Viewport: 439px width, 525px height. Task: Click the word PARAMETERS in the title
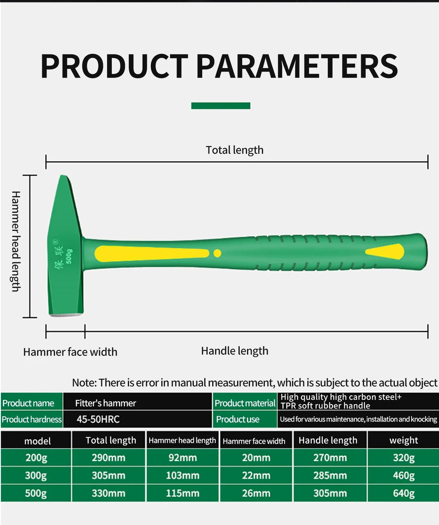click(x=297, y=66)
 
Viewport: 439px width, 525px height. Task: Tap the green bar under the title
click(x=220, y=106)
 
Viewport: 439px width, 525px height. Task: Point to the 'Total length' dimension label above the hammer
click(x=235, y=150)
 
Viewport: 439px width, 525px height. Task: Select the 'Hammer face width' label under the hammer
click(x=70, y=352)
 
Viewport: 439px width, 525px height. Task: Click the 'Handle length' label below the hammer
click(x=235, y=351)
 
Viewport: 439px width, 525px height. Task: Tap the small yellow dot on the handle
click(x=217, y=254)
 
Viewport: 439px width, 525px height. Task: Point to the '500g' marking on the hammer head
click(x=69, y=256)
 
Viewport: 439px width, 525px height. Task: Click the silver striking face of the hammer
click(x=65, y=315)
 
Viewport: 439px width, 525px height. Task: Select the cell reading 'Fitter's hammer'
click(x=105, y=403)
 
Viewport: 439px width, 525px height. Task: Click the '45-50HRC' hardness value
click(x=98, y=419)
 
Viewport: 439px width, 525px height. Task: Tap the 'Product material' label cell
click(x=245, y=403)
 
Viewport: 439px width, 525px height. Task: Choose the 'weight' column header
click(x=403, y=440)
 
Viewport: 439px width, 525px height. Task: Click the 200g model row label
click(x=36, y=458)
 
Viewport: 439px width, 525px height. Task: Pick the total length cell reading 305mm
click(x=108, y=475)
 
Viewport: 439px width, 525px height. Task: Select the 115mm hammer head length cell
click(x=183, y=493)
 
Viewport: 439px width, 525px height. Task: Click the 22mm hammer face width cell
click(x=256, y=475)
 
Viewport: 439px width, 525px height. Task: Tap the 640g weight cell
click(x=403, y=493)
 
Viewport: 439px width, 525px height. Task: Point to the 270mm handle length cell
click(x=330, y=458)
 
